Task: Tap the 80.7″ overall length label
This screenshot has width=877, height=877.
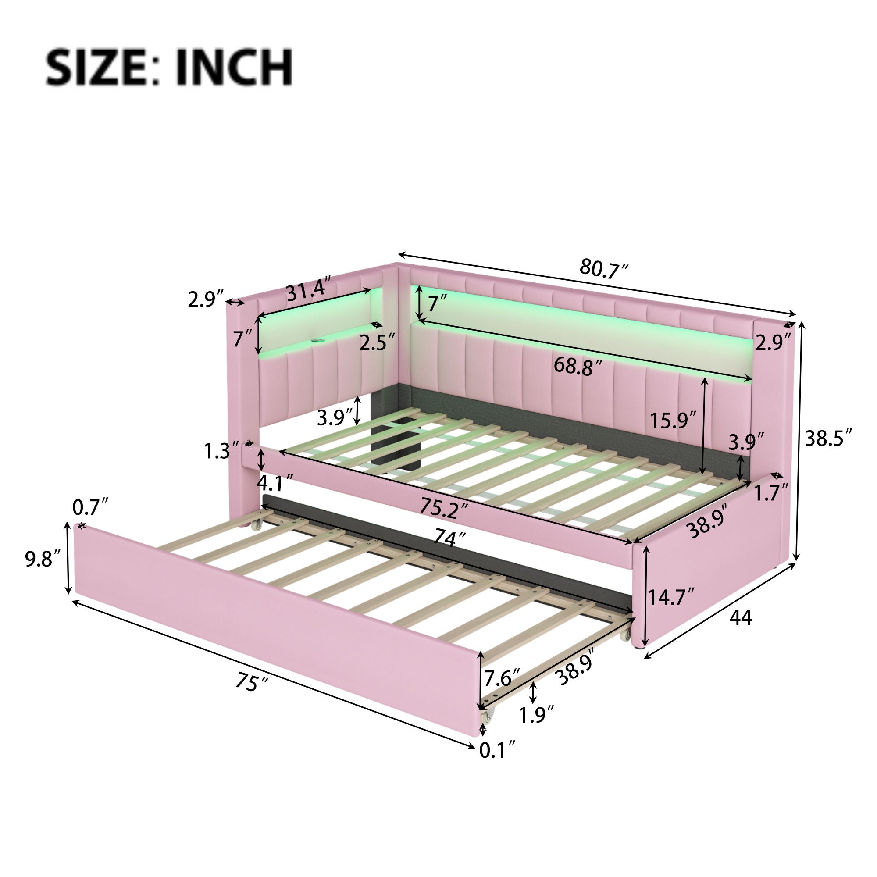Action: click(604, 269)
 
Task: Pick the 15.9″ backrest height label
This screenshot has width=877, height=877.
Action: click(672, 421)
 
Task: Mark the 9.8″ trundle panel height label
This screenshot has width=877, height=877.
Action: click(42, 560)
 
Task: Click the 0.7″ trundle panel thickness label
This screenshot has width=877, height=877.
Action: click(91, 507)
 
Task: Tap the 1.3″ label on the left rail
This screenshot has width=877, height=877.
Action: click(221, 451)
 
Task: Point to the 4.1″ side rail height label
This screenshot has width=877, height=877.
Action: click(275, 482)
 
